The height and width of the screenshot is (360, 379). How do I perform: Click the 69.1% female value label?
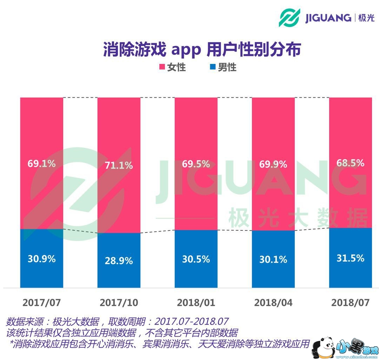[41, 163]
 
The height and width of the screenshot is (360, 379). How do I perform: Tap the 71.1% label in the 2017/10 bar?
[119, 165]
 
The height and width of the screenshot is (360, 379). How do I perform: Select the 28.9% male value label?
[119, 261]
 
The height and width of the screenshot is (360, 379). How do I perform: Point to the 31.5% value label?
[350, 258]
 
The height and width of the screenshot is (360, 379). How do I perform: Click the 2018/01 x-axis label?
[196, 302]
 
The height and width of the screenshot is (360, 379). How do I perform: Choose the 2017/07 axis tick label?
[41, 302]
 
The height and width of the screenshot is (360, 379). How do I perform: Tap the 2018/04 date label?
[273, 302]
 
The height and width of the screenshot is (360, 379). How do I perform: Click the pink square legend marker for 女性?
[162, 67]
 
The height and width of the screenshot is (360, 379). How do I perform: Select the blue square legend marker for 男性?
[212, 67]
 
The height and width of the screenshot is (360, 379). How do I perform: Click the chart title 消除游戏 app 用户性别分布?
[202, 50]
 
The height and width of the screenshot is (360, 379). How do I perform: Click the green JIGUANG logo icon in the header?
[290, 17]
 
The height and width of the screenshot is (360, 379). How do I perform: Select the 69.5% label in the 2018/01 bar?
[196, 164]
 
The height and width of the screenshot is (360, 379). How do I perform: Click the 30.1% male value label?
[273, 259]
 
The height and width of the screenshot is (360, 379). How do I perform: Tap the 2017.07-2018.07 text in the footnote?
[191, 321]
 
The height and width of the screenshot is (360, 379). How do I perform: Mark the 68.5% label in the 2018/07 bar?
[350, 163]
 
